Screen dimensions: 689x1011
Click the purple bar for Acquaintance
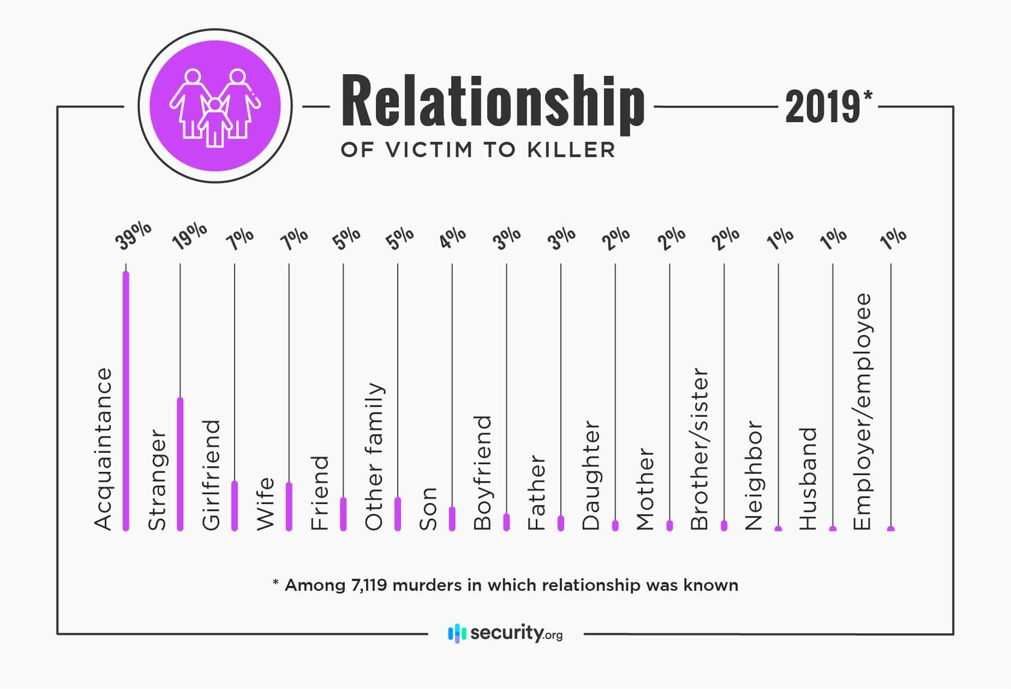(x=126, y=400)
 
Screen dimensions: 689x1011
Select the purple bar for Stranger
(x=180, y=464)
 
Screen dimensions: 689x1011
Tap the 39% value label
(x=133, y=236)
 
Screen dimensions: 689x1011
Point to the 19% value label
(x=189, y=236)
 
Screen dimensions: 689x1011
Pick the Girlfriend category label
(x=211, y=475)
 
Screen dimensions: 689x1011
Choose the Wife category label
(x=265, y=503)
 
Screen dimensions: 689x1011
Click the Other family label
(x=374, y=456)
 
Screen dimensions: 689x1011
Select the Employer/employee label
(x=862, y=412)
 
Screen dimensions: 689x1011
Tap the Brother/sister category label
(x=699, y=448)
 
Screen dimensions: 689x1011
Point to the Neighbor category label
(x=754, y=475)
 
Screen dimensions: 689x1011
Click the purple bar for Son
(x=452, y=519)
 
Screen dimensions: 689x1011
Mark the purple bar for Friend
(x=343, y=514)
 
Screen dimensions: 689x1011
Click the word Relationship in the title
(x=492, y=104)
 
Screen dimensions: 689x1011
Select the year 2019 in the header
(x=822, y=107)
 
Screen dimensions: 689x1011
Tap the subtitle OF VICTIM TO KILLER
(x=478, y=150)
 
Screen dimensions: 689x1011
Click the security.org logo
(x=505, y=633)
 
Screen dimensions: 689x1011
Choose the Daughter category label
(x=591, y=475)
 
